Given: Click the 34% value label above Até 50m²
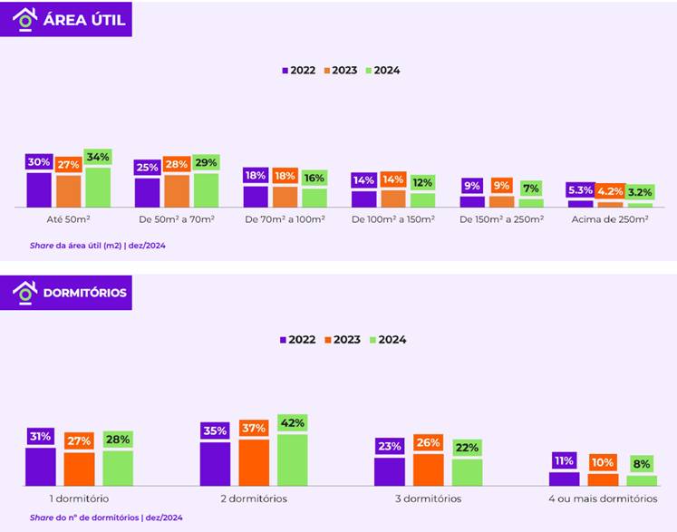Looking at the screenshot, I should (97, 158).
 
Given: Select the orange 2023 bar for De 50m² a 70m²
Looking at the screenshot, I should (177, 191).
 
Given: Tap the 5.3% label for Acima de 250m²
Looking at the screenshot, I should (580, 190).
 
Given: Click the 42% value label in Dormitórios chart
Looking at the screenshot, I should (293, 423).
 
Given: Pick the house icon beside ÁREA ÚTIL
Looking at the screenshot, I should (24, 18).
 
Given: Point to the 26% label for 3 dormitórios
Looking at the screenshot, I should (429, 443).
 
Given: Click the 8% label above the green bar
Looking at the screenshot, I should (642, 464).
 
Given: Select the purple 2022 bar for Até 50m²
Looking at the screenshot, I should (39, 189).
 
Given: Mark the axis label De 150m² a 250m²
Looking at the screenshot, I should (501, 219).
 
